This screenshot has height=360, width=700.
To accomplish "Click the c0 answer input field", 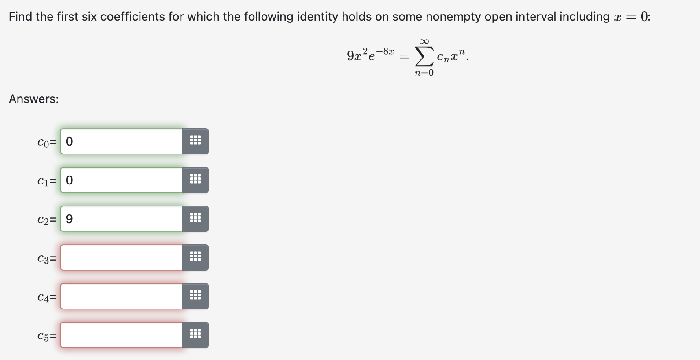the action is [x=121, y=141].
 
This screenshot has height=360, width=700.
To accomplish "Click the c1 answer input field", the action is [x=121, y=180].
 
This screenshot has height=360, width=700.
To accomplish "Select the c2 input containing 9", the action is [x=121, y=219].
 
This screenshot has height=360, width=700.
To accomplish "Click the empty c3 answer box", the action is [x=121, y=257].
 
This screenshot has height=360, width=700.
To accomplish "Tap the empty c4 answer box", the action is [x=121, y=296].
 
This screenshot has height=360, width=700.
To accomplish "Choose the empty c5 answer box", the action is [x=121, y=335].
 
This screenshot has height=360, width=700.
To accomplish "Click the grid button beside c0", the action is [x=195, y=141].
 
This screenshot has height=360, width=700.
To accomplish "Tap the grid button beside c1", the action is [x=195, y=180].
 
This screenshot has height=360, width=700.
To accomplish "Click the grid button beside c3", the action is [x=195, y=257].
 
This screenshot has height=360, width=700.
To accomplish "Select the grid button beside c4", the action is [x=195, y=296].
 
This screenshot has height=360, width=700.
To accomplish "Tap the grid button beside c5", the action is [x=195, y=335].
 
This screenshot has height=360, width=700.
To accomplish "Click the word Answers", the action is [x=33, y=99].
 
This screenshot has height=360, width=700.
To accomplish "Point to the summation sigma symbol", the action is [x=424, y=56].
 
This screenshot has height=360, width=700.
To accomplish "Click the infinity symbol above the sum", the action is [x=424, y=41].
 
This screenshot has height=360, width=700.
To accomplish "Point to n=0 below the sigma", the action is [x=424, y=73].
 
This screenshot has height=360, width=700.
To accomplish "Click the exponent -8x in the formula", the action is [x=385, y=51].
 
